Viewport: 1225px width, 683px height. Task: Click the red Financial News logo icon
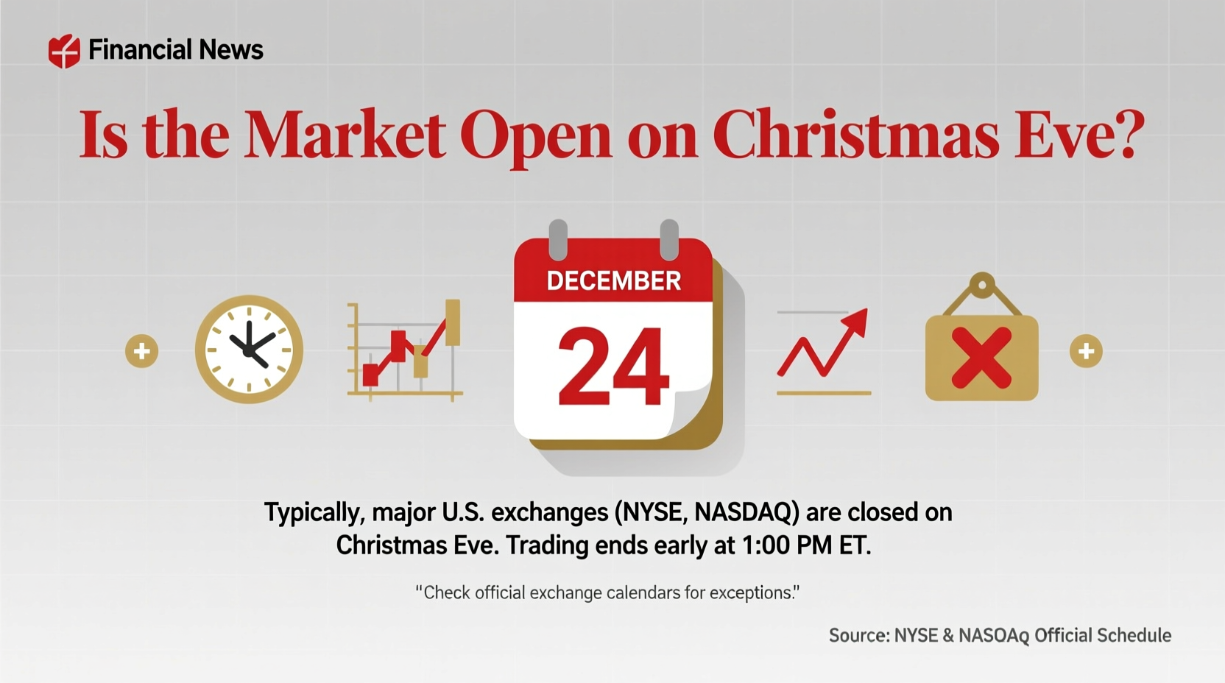[x=64, y=52]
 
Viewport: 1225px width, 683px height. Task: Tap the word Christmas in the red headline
[x=855, y=135]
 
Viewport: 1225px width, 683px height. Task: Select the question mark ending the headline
[x=1125, y=134]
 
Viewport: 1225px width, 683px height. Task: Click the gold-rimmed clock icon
[x=249, y=350]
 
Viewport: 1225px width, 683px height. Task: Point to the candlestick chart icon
[x=406, y=350]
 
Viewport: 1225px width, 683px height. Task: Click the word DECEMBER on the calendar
[x=613, y=281]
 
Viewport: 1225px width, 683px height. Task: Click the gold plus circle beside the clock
[x=141, y=351]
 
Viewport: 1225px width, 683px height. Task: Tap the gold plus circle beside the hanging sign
[x=1086, y=351]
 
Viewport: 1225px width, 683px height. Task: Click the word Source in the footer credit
[x=859, y=636]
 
